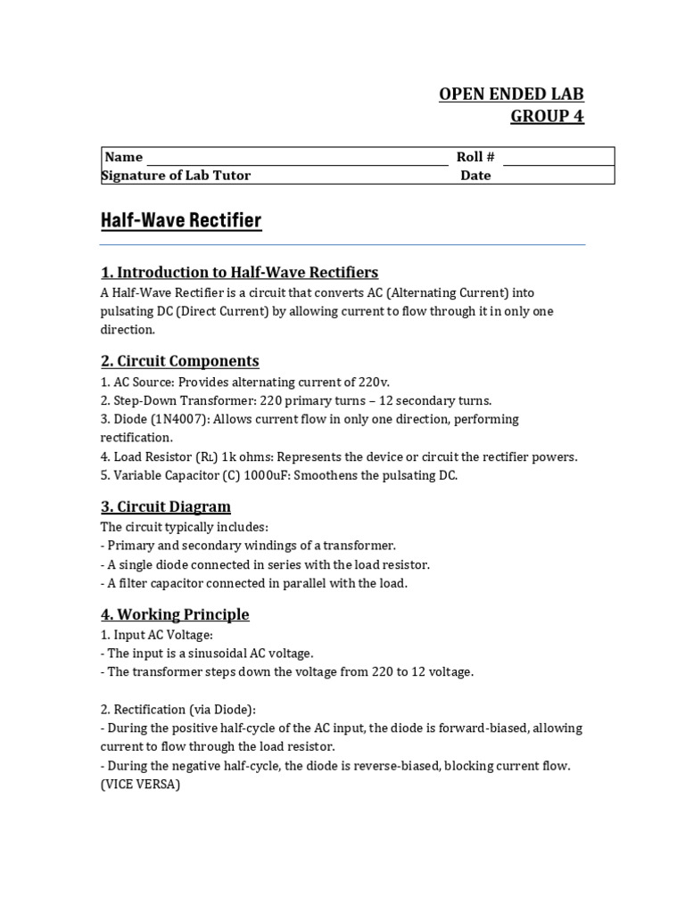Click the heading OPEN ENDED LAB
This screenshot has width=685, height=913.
pyautogui.click(x=511, y=95)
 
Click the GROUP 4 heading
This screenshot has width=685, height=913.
pyautogui.click(x=547, y=116)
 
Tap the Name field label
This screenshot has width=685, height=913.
pyautogui.click(x=124, y=157)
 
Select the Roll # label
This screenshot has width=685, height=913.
pyautogui.click(x=475, y=157)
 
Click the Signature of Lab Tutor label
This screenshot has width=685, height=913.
pyautogui.click(x=177, y=176)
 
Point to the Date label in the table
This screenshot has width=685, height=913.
pyautogui.click(x=475, y=176)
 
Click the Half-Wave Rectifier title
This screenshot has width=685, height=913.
pyautogui.click(x=181, y=220)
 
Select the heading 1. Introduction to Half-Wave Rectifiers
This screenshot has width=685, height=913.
pyautogui.click(x=239, y=272)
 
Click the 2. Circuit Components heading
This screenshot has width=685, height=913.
pyautogui.click(x=179, y=360)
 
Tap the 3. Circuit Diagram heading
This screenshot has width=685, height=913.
pyautogui.click(x=165, y=506)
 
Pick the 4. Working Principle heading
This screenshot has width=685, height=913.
pyautogui.click(x=175, y=614)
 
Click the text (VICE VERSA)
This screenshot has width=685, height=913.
pyautogui.click(x=140, y=785)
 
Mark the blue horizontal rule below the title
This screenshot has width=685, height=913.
pyautogui.click(x=342, y=244)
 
